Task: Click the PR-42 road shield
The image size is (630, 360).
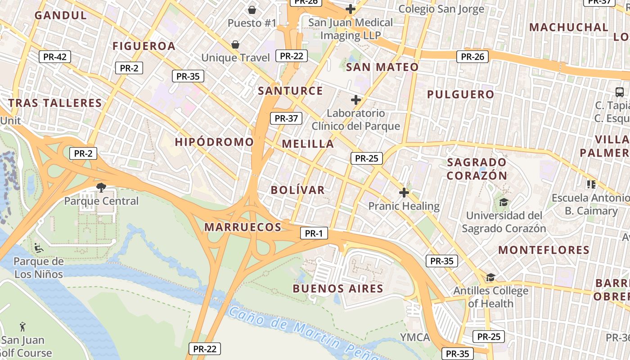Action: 55,57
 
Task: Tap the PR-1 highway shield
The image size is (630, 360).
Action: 314,233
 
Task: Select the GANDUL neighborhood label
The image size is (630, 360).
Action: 60,15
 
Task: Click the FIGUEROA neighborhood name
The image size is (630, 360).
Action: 144,46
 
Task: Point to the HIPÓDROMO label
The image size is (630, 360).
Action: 214,142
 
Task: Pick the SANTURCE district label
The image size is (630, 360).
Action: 290,91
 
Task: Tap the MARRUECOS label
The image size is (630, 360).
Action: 243,227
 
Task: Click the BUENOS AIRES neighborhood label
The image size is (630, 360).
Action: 338,288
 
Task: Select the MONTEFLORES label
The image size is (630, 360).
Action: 544,250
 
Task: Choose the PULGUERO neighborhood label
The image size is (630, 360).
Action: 460,94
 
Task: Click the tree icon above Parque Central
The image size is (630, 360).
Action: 101,187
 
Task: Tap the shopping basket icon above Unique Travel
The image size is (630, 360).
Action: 235,44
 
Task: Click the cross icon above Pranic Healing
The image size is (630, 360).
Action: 404,193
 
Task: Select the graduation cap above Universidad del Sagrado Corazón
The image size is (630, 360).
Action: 504,202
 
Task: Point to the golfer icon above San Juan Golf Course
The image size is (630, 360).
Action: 22,326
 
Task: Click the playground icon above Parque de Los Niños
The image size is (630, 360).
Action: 38,247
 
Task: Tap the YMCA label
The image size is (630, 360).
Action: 415,337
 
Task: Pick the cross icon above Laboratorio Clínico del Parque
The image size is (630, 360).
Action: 356,99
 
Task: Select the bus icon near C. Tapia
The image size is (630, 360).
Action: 620,92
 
